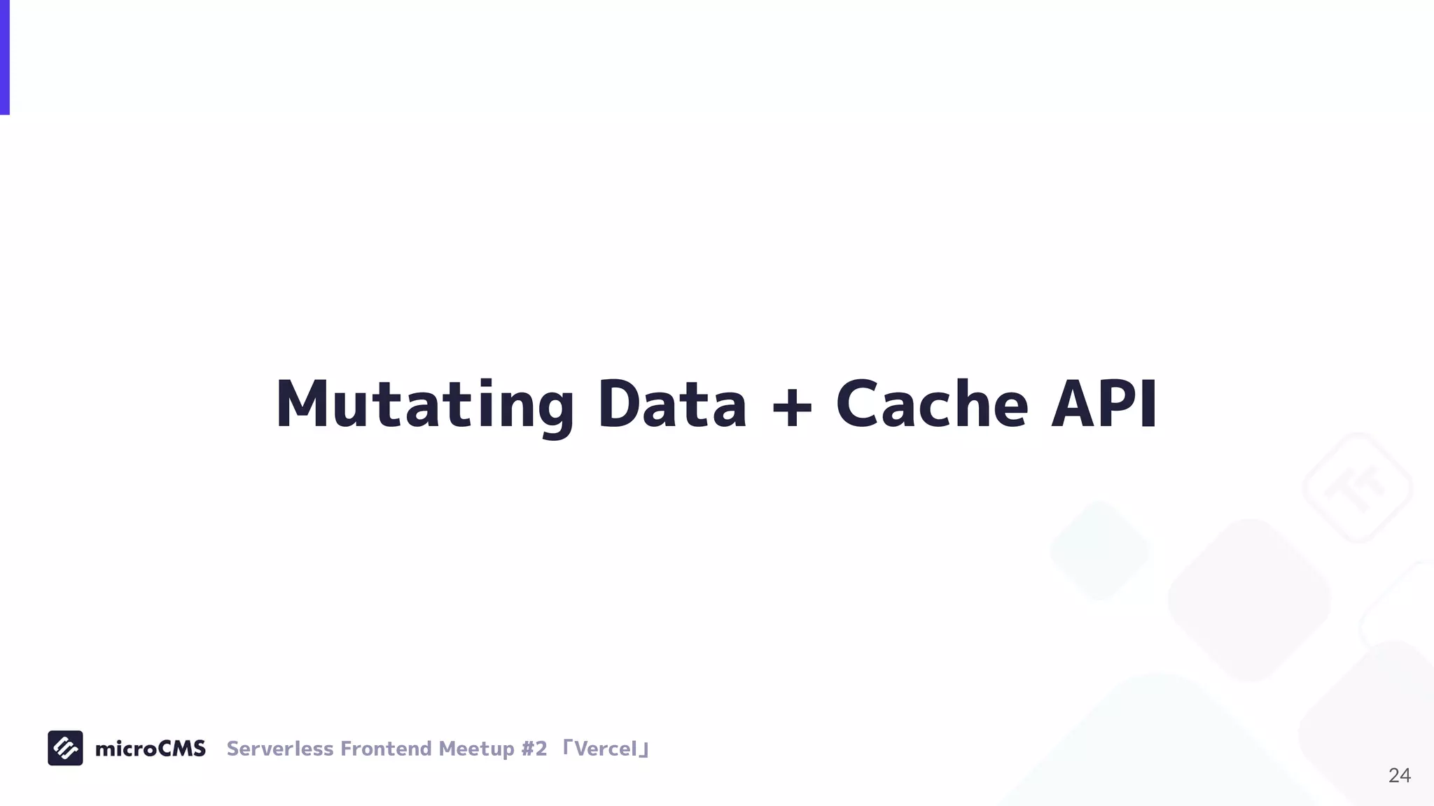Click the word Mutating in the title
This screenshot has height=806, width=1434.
425,404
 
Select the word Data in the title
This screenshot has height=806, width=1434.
672,404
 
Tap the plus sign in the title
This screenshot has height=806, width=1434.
791,406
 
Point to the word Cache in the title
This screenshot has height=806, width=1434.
932,404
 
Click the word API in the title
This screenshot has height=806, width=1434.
1104,404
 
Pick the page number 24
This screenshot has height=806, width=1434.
1399,775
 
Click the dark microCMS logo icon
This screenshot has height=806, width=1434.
65,748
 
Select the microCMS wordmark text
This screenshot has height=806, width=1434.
151,749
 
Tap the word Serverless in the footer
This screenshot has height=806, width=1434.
280,749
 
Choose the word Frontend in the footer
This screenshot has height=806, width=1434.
386,749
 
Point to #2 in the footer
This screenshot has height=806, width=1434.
534,749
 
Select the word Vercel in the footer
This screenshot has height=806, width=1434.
605,749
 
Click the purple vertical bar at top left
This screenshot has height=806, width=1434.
4,57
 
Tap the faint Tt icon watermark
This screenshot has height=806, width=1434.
1357,488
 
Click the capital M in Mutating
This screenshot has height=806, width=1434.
302,404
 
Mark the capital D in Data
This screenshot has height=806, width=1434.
619,404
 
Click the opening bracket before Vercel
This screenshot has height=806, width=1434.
567,746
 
